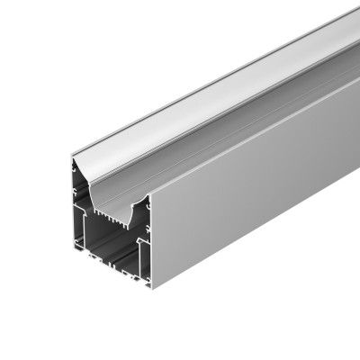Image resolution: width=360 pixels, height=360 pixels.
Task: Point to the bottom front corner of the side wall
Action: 151,287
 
